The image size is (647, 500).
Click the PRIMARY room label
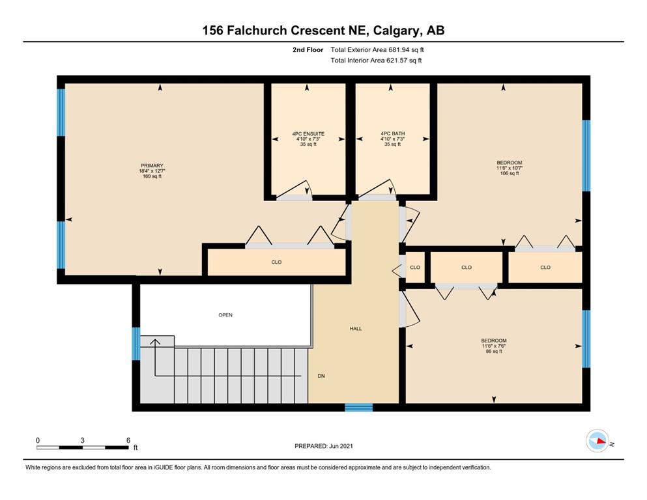click(x=152, y=166)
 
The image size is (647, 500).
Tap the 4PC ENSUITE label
click(x=308, y=134)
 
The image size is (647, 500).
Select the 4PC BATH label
click(x=392, y=133)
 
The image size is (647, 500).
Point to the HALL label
click(x=356, y=329)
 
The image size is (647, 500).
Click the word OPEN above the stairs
click(x=225, y=315)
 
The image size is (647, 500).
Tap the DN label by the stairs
click(x=321, y=376)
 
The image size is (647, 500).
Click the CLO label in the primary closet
click(x=276, y=262)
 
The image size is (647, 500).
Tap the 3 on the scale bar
click(x=83, y=440)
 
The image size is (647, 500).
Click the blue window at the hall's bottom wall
click(x=358, y=408)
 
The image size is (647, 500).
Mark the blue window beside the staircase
click(x=136, y=344)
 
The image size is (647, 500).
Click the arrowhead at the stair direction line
click(x=155, y=342)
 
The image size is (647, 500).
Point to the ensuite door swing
click(x=295, y=190)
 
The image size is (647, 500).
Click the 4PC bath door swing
click(x=378, y=189)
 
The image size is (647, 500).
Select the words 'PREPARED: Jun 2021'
click(x=323, y=446)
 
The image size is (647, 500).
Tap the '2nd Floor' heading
click(x=308, y=50)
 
